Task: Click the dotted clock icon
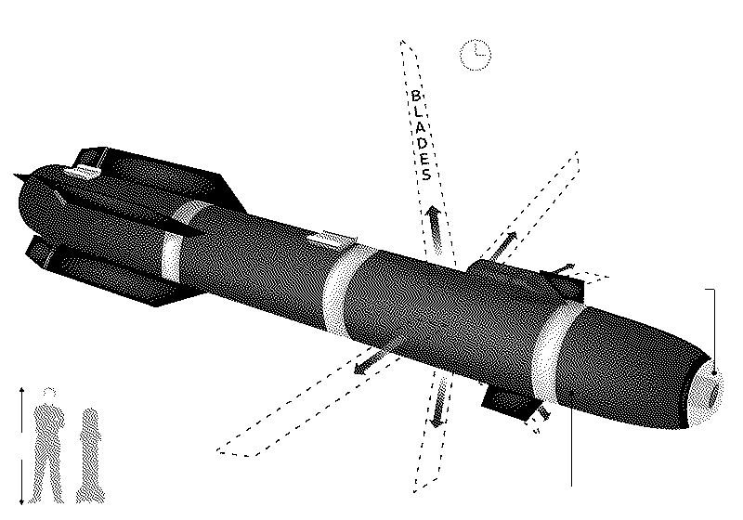(476, 55)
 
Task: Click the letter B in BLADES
(415, 97)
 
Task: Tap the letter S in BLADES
(426, 175)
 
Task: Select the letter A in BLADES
(421, 127)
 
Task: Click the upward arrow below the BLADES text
(434, 229)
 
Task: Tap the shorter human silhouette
(90, 455)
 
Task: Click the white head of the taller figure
(49, 393)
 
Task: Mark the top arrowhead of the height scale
(21, 390)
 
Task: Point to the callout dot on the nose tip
(714, 373)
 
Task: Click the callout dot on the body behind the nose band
(571, 393)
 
